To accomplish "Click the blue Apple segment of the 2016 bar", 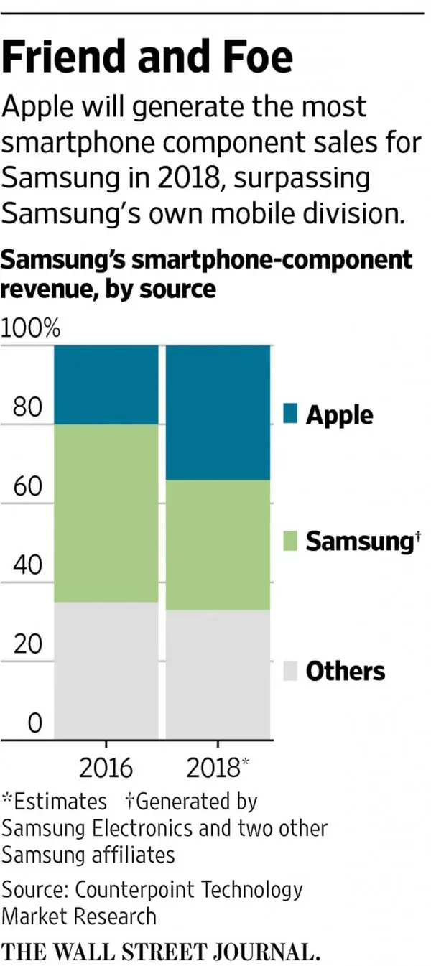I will [106, 384].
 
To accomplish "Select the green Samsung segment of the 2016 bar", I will [106, 513].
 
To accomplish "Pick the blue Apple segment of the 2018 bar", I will [218, 412].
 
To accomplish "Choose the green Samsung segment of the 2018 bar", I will [218, 544].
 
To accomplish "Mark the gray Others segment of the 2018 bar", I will [218, 674].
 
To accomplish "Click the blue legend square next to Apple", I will [290, 414].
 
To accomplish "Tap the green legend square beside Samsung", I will [290, 541].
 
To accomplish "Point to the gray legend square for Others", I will [290, 671].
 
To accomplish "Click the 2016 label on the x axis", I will [106, 768].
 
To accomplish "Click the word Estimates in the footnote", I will [60, 801].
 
